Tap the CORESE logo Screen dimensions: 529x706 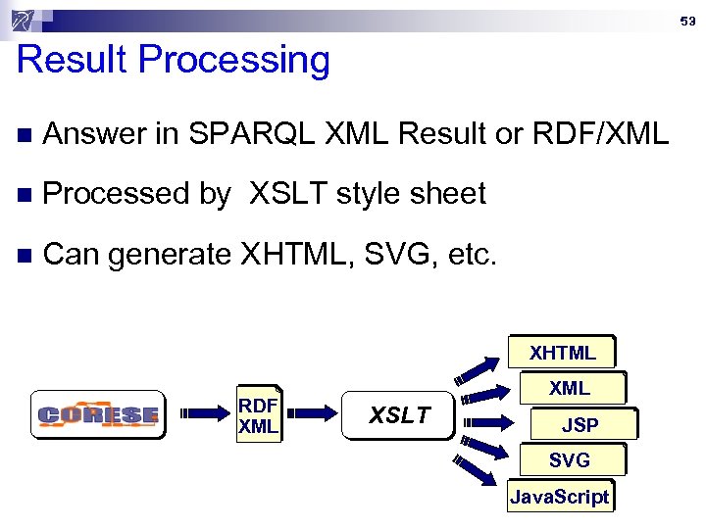pyautogui.click(x=98, y=415)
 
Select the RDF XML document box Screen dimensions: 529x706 pyautogui.click(x=259, y=414)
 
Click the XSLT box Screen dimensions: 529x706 pyautogui.click(x=399, y=415)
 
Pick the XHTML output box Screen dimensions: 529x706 pyautogui.click(x=562, y=353)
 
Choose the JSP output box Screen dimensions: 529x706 pyautogui.click(x=580, y=425)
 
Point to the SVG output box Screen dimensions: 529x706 pyautogui.click(x=569, y=460)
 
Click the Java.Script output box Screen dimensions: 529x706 pyautogui.click(x=560, y=496)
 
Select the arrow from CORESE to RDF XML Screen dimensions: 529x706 pyautogui.click(x=204, y=414)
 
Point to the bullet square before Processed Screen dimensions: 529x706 pyautogui.click(x=25, y=196)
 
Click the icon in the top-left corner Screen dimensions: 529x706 pyautogui.click(x=25, y=20)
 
